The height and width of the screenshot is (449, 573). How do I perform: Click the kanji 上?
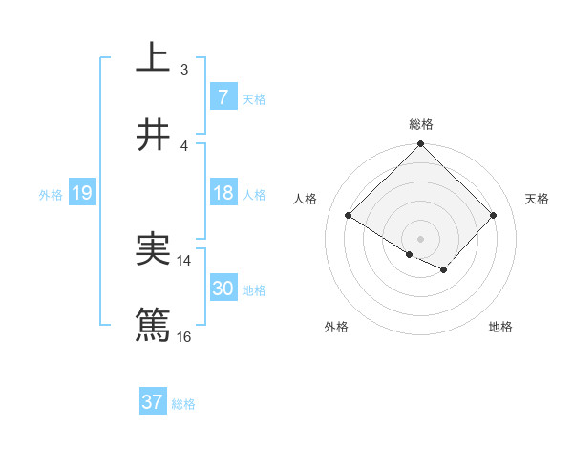click(x=154, y=57)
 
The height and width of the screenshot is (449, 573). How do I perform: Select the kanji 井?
click(x=154, y=135)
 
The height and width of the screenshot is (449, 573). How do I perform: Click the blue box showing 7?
click(x=223, y=96)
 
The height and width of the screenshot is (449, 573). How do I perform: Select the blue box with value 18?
click(x=223, y=193)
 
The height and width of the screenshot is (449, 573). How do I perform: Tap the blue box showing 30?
click(x=223, y=289)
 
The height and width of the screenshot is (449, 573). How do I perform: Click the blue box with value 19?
click(x=82, y=193)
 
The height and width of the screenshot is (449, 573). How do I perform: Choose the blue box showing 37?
click(x=153, y=402)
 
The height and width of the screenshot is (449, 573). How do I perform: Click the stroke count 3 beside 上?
click(x=183, y=69)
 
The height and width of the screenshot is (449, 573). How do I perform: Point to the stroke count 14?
click(x=184, y=260)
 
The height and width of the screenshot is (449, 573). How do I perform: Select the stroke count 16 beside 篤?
click(x=184, y=336)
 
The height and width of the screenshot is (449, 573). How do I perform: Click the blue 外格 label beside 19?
click(x=51, y=194)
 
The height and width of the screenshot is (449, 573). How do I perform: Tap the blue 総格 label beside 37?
click(x=183, y=404)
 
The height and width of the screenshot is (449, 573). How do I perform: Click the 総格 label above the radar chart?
click(x=420, y=124)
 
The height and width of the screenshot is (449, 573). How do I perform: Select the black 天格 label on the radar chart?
click(x=538, y=199)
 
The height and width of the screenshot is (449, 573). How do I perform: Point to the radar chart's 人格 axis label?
click(x=306, y=199)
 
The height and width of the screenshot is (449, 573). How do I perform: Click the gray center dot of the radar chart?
click(x=420, y=238)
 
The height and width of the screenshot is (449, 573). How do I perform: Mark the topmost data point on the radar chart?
click(x=420, y=145)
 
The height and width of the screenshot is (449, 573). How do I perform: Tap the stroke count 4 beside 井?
click(x=183, y=145)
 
